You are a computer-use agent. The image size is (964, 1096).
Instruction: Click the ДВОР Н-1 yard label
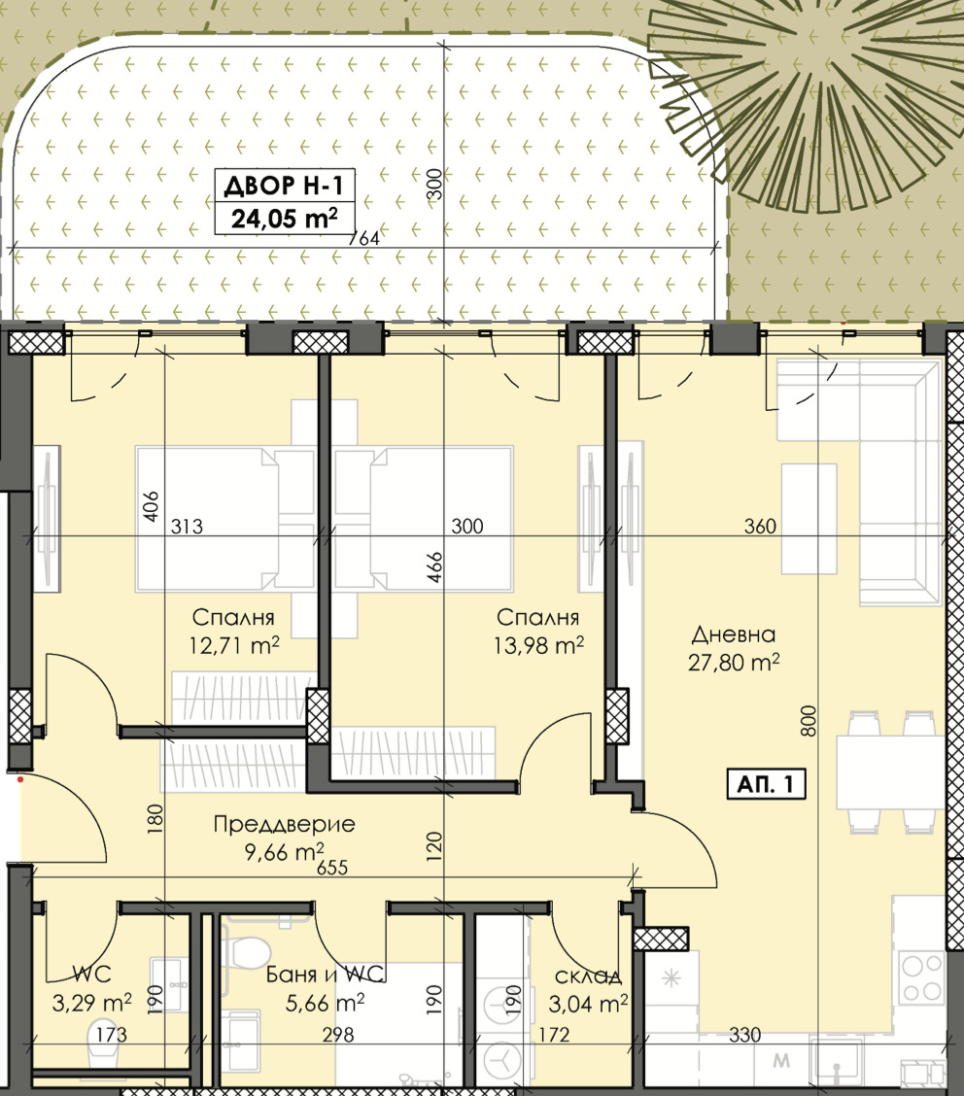pos(284,186)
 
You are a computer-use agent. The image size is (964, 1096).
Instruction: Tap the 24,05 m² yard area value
pos(284,219)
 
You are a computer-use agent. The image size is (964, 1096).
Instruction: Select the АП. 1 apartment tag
pos(766,784)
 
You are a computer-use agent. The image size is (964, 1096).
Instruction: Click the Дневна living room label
pos(734,634)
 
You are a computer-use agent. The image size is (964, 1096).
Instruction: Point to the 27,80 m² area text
pos(734,662)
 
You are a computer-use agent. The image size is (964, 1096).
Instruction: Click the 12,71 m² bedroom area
pos(233,644)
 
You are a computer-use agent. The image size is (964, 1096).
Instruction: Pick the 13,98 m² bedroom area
pos(538,644)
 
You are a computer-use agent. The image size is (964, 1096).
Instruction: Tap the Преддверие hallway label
pos(284,824)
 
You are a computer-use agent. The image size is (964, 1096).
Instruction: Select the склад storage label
pos(588,976)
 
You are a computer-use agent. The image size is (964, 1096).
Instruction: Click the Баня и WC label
pos(326,975)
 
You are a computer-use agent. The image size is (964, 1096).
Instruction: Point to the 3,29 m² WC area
pos(91,1004)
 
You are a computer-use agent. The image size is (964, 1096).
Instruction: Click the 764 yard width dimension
pos(364,238)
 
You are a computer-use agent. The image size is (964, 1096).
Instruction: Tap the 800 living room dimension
pos(808,721)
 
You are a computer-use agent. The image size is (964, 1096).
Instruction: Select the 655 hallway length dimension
pos(332,868)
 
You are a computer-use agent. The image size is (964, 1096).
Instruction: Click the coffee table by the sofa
pos(809,518)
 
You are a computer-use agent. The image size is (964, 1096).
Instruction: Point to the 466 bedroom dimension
pos(434,566)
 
